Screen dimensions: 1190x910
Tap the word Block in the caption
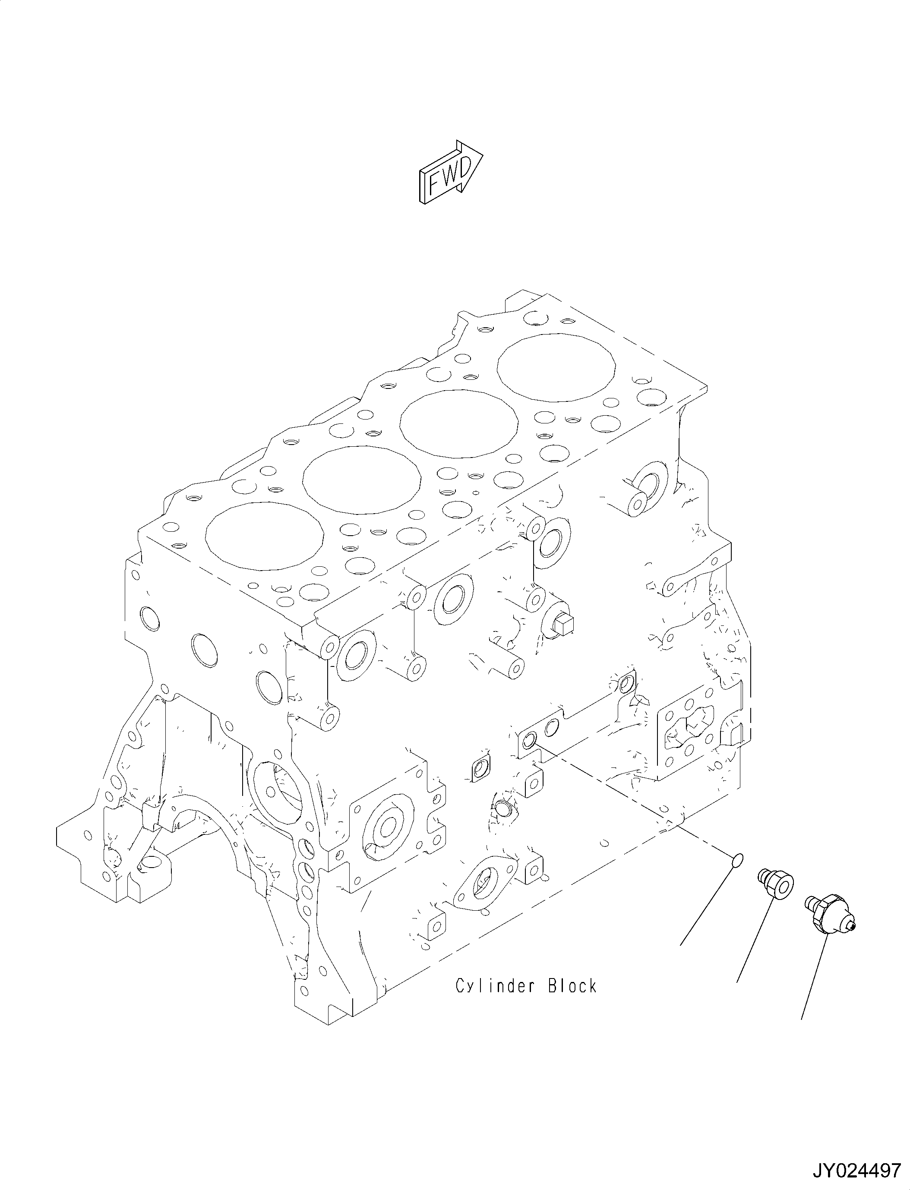572,986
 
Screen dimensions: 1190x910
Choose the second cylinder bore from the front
362,480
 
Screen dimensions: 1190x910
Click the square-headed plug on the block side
563,625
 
